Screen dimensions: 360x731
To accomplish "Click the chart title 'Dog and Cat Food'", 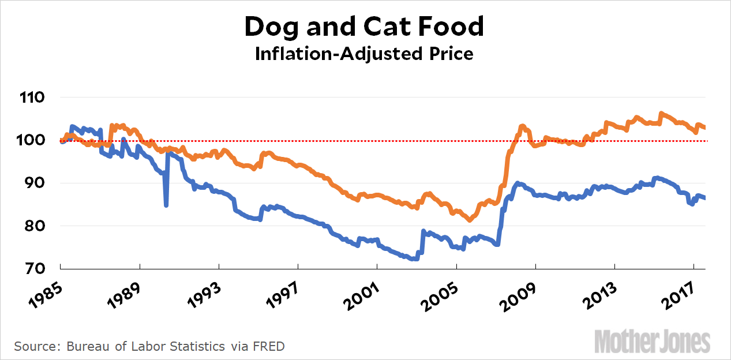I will click(x=365, y=27).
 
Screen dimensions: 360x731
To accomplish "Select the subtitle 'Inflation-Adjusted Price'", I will click(x=365, y=54).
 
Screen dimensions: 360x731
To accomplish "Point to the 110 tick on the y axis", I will click(x=32, y=97).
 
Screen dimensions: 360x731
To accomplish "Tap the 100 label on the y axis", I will click(x=32, y=140).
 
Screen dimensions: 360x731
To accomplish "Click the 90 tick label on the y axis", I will click(x=36, y=183).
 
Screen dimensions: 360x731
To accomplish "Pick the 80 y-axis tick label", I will click(x=36, y=226).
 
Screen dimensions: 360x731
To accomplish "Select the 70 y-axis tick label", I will click(x=36, y=269).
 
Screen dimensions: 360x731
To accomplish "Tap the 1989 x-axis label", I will click(x=122, y=293).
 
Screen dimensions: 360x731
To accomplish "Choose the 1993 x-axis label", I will click(x=201, y=293).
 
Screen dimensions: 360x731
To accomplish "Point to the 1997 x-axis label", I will click(x=280, y=293).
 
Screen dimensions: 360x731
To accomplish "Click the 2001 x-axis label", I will click(x=359, y=293).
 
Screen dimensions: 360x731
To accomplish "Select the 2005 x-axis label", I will click(x=438, y=293).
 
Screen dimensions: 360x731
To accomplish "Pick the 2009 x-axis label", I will click(x=517, y=293).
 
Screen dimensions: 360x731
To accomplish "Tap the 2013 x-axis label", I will click(x=596, y=293).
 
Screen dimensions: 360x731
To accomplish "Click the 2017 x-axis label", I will click(x=675, y=293).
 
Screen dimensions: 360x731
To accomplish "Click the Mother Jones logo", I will click(x=652, y=341).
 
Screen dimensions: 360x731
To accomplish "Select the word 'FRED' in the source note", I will click(x=269, y=346).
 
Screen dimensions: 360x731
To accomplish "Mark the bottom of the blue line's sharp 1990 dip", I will click(x=166, y=205).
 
